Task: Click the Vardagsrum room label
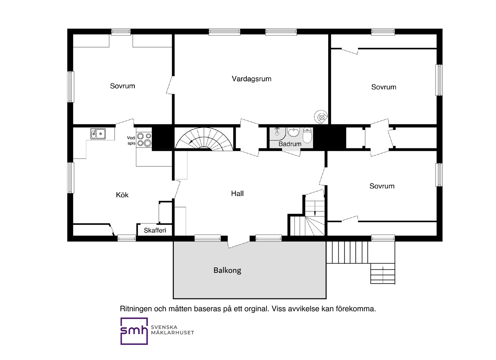[x=251, y=79]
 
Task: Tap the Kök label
[x=122, y=195]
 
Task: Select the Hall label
[x=238, y=193]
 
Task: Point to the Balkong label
[x=227, y=270]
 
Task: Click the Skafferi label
[x=155, y=230]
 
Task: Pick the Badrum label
[x=290, y=144]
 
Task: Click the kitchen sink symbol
[x=98, y=134]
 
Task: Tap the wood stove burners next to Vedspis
[x=144, y=140]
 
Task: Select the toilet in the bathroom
[x=307, y=135]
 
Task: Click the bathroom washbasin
[x=294, y=132]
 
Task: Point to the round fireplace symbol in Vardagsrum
[x=321, y=117]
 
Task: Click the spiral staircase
[x=204, y=140]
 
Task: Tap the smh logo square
[x=134, y=331]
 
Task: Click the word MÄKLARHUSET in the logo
[x=172, y=332]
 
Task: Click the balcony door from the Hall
[x=239, y=243]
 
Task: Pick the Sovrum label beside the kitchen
[x=122, y=86]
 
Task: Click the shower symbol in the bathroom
[x=277, y=131]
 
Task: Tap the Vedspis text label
[x=131, y=140]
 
